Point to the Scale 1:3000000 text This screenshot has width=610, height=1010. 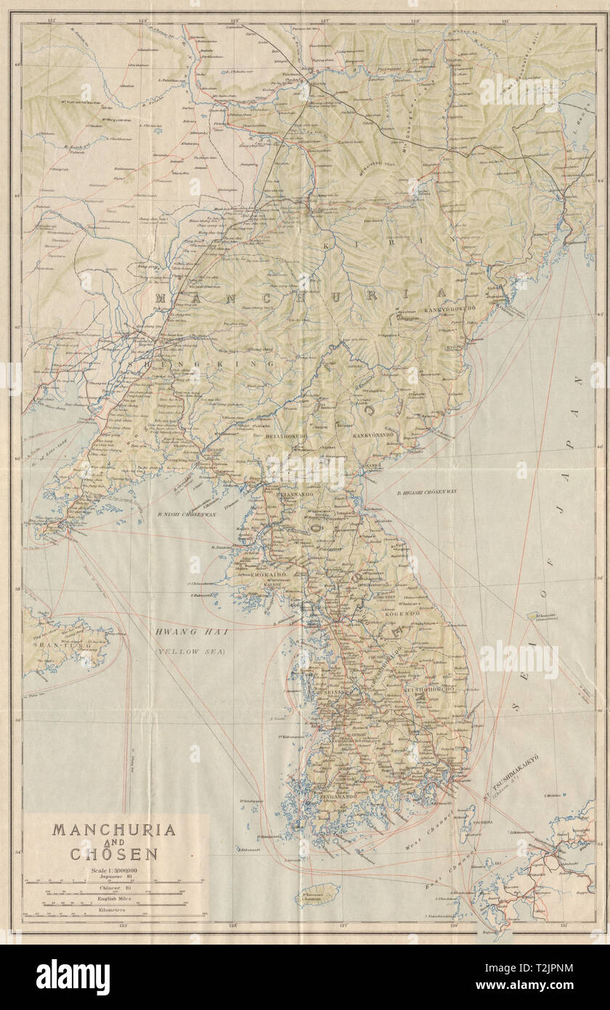coord(112,870)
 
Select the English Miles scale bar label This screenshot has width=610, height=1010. coord(113,899)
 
